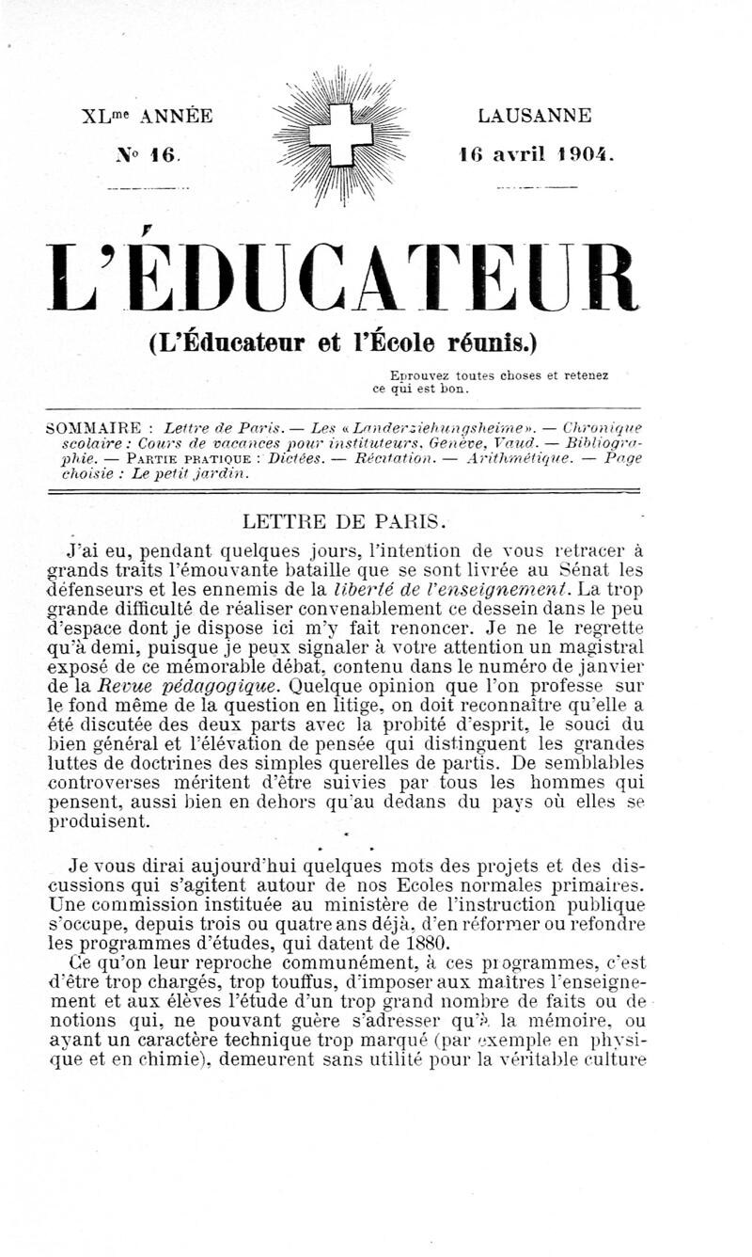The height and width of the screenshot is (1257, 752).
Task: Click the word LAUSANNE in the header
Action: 535,117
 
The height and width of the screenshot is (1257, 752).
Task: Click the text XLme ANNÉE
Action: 148,117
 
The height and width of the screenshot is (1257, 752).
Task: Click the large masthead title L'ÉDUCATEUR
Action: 344,278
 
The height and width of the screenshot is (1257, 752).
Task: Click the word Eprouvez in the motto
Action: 402,374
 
